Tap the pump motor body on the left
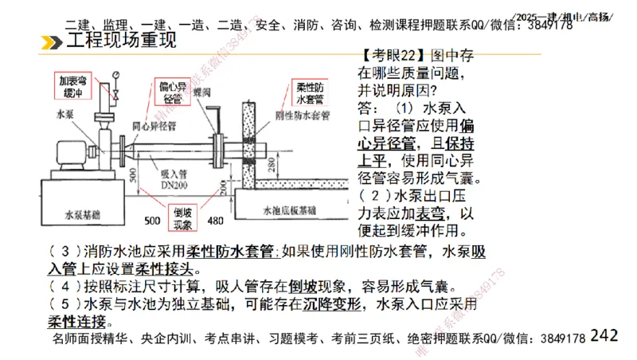[64, 155]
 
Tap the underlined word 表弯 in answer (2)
[432, 213]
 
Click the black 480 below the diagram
[215, 221]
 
